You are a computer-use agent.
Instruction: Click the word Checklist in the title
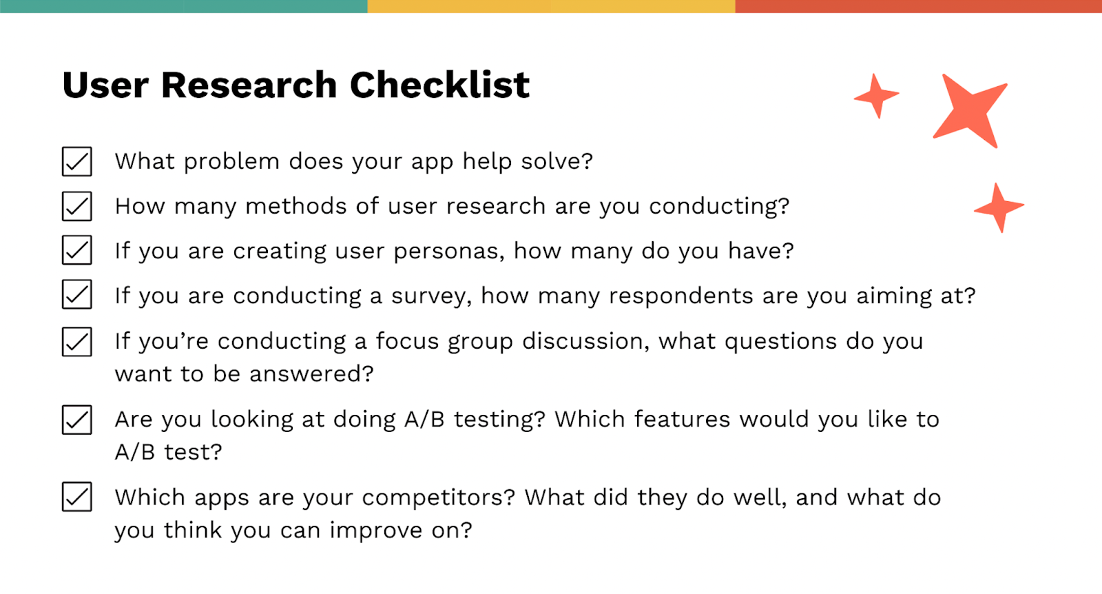click(439, 85)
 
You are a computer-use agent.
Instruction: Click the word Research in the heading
click(249, 85)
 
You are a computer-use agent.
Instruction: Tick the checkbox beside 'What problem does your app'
click(76, 161)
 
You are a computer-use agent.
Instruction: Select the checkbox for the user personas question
click(76, 250)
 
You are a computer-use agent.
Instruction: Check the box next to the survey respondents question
click(76, 295)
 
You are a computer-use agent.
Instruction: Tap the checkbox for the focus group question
click(76, 341)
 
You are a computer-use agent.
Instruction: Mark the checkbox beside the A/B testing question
click(76, 420)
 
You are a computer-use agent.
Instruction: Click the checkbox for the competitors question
click(76, 497)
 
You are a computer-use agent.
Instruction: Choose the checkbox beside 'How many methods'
click(76, 206)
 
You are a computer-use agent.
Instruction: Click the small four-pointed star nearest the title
click(876, 96)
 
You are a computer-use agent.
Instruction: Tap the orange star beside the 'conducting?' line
click(999, 207)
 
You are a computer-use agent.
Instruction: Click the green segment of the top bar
click(183, 6)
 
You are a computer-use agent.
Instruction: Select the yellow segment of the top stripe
click(551, 6)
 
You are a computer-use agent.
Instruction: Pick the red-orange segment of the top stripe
click(918, 6)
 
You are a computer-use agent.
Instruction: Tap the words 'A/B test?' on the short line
click(168, 453)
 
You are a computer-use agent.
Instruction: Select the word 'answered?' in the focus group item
click(311, 374)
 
